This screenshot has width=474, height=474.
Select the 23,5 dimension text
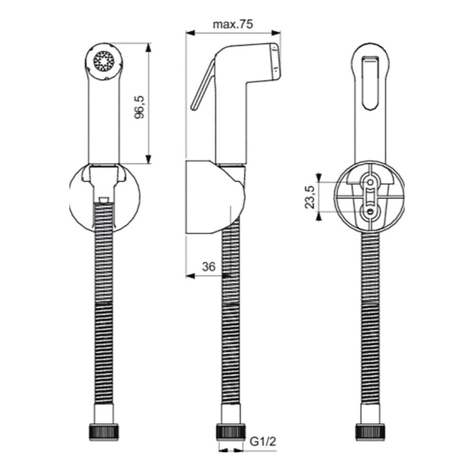pos(310,197)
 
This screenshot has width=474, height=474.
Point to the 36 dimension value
pos(209,267)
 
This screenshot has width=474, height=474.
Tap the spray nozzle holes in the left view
pos(104,61)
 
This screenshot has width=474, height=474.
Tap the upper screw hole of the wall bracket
pos(369,182)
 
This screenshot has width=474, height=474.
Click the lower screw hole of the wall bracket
pos(369,212)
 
